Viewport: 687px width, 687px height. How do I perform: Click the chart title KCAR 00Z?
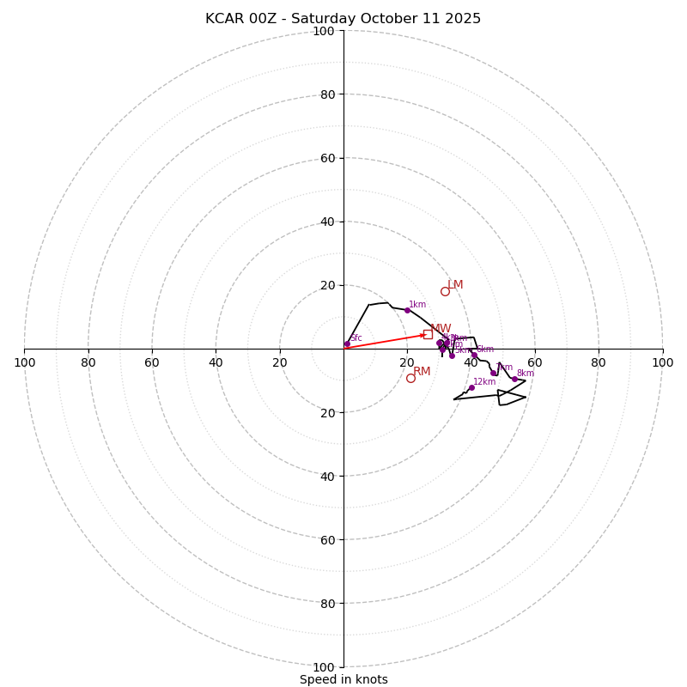tap(343, 19)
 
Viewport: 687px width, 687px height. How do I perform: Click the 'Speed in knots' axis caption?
tap(343, 679)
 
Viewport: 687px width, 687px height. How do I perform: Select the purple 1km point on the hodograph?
tap(407, 310)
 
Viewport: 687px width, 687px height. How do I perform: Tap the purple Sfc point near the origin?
tap(347, 344)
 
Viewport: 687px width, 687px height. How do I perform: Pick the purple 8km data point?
tap(514, 379)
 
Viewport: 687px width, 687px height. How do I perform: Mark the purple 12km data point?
tap(471, 387)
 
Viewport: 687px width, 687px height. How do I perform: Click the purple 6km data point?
tap(474, 355)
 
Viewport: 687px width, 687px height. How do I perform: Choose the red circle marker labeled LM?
tap(445, 291)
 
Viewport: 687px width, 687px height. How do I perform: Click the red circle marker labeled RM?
tap(410, 378)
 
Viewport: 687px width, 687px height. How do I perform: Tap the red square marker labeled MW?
tap(428, 334)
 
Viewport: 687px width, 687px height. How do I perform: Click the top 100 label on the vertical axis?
tap(324, 31)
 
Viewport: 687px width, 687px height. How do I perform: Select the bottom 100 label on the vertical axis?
tap(324, 667)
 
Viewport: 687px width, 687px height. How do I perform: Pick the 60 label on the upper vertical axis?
tap(327, 158)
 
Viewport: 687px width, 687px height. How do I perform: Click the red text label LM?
tap(455, 285)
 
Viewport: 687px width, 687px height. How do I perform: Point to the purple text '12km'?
tap(484, 382)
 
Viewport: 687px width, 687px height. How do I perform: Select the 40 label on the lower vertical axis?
tap(327, 476)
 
